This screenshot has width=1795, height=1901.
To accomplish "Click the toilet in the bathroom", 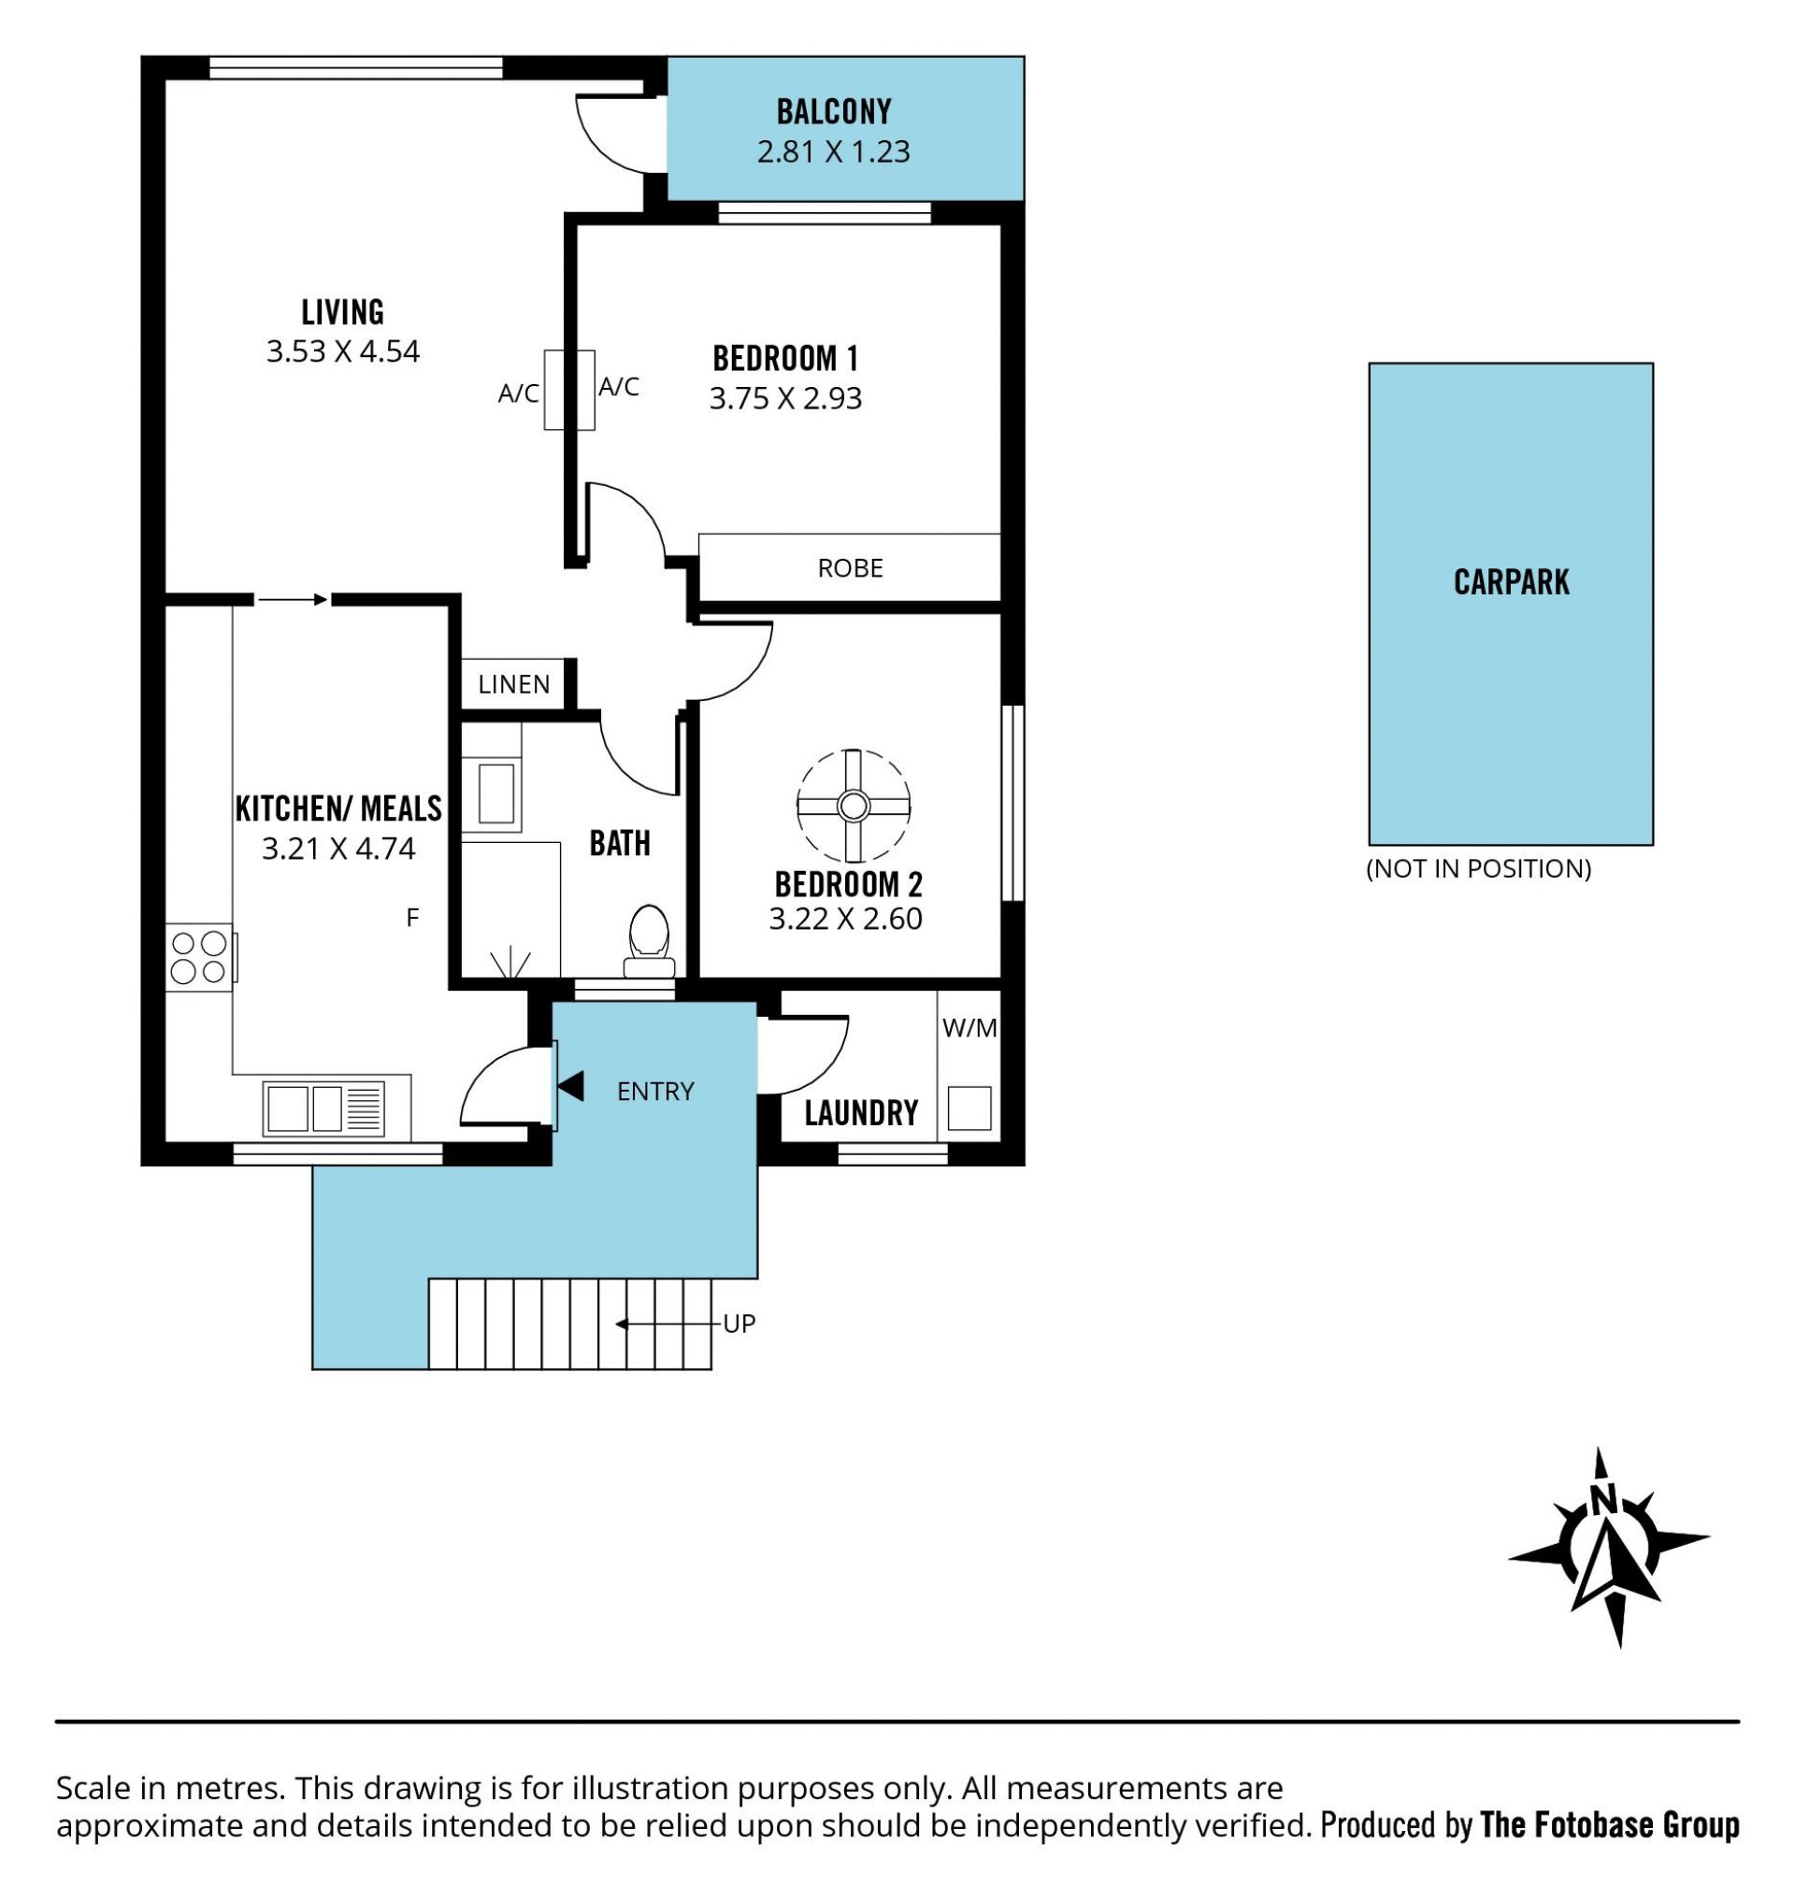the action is [x=650, y=941].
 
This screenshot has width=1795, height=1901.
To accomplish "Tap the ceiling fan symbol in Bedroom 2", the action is [x=853, y=806].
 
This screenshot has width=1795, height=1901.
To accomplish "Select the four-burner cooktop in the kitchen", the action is [x=199, y=957].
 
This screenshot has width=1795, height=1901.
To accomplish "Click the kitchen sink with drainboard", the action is [x=323, y=1108].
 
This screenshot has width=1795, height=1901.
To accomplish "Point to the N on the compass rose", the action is [x=1604, y=1498].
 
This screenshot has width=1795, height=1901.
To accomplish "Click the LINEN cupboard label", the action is [x=514, y=684].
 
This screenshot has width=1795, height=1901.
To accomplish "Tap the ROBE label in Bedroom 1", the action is [x=850, y=568].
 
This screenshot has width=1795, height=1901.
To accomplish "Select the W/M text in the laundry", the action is [x=969, y=1027].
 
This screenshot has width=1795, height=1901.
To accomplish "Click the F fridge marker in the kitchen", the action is [x=412, y=918].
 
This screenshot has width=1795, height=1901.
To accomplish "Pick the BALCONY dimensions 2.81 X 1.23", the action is [x=833, y=151].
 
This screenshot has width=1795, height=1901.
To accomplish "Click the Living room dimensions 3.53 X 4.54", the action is [x=342, y=351].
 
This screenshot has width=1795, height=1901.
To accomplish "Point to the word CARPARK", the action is [x=1511, y=581].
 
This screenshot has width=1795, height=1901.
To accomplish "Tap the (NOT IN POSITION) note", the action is [x=1478, y=867].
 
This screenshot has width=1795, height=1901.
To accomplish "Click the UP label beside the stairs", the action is [x=739, y=1323].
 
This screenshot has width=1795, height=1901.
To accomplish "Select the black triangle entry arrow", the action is [x=571, y=1086].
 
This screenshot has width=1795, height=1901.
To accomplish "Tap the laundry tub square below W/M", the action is [x=969, y=1108].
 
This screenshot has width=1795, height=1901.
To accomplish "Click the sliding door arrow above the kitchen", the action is [x=292, y=600].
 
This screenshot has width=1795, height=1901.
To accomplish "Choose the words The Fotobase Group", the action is [x=1609, y=1824].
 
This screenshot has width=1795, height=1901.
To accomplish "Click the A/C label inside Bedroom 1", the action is [x=618, y=387].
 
